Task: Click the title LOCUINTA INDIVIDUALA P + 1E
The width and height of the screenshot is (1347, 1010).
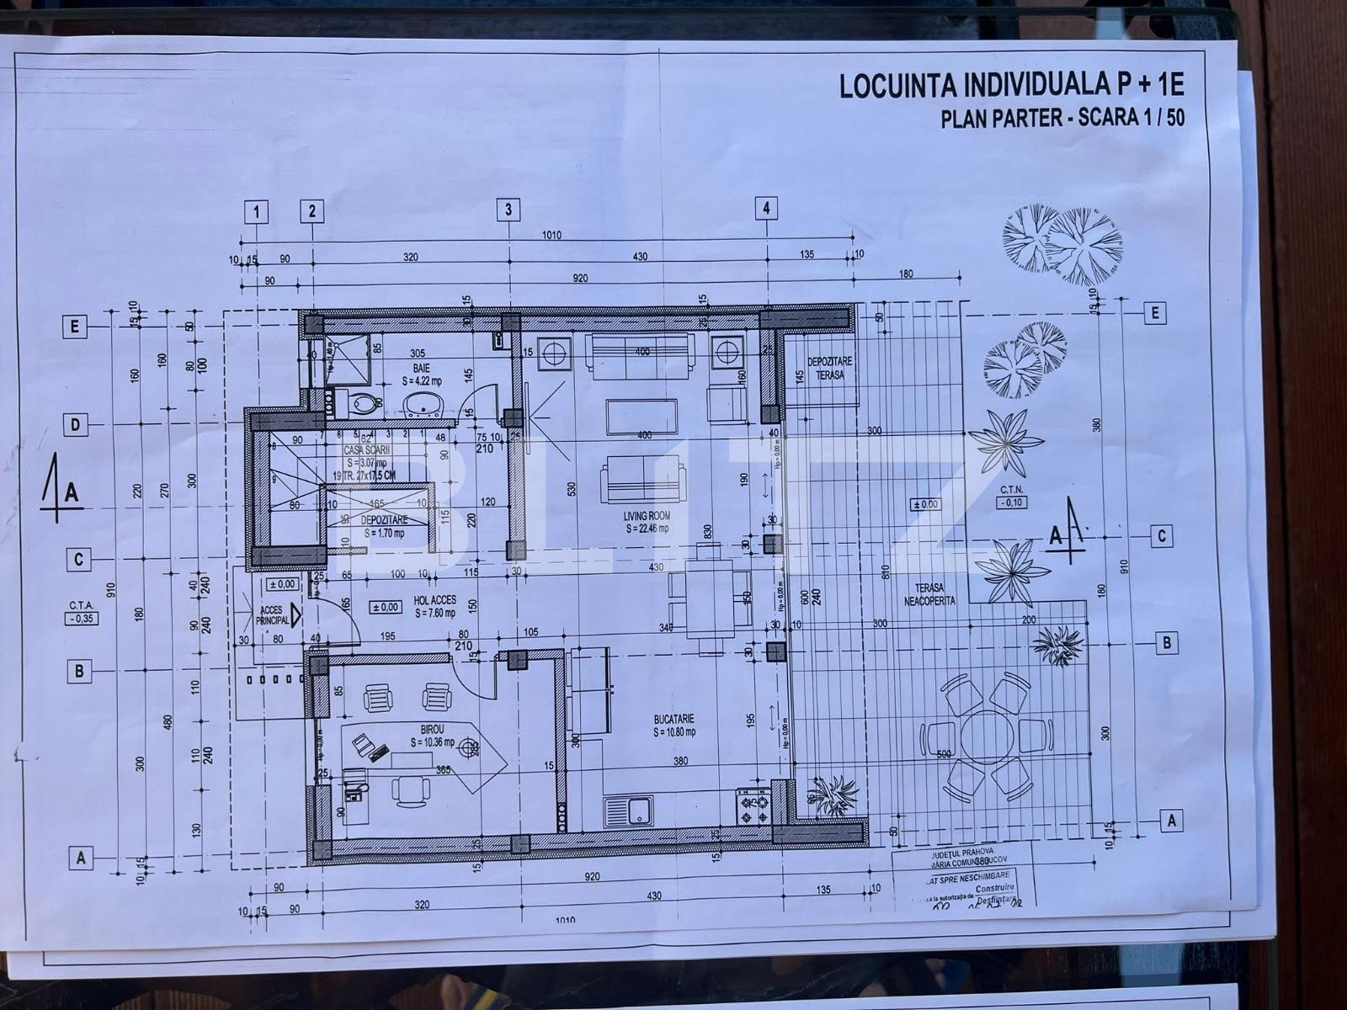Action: coord(1011,86)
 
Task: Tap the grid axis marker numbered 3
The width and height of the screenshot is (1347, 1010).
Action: coord(508,210)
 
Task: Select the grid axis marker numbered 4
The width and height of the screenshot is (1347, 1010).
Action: coord(766,208)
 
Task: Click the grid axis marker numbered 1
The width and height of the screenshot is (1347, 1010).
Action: coord(256,212)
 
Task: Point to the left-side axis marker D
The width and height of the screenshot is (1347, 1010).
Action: coord(76,425)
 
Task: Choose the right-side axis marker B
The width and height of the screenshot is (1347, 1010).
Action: coord(1167,643)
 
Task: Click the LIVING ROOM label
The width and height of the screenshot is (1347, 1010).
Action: coord(647,522)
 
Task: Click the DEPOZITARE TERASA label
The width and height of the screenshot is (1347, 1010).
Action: coord(829,367)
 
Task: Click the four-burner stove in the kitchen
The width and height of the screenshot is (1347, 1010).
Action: coord(753,809)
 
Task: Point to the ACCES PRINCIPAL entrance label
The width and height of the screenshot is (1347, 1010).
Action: coord(272,615)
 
